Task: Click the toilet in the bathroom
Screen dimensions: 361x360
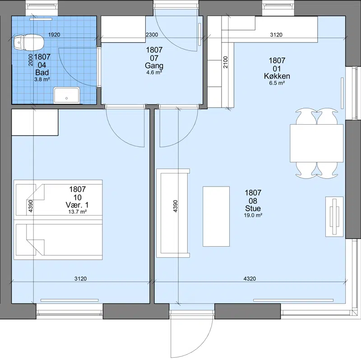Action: [28, 42]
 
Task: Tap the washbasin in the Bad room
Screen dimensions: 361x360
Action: [66, 95]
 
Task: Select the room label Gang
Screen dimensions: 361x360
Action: [154, 65]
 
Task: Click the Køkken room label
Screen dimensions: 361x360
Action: [277, 76]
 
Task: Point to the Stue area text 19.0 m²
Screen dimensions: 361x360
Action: [253, 215]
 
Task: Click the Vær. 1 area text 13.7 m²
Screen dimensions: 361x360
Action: [78, 211]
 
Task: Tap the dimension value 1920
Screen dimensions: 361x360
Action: [54, 35]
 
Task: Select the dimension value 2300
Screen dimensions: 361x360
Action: [152, 35]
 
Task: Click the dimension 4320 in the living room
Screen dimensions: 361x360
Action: [250, 279]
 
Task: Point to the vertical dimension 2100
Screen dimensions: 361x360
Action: [225, 62]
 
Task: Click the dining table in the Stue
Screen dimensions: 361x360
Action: [317, 143]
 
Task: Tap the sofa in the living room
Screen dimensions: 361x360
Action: [173, 213]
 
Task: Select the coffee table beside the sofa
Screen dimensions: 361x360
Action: [216, 216]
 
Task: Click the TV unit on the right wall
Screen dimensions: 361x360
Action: [334, 217]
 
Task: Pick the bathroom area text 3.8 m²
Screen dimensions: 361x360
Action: [42, 79]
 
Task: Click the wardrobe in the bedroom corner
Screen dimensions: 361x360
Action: [35, 122]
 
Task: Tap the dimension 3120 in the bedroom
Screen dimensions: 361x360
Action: [81, 279]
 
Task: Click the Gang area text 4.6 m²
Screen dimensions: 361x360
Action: [154, 73]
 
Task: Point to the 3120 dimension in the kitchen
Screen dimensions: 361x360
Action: [276, 35]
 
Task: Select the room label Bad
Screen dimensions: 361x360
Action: [42, 73]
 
